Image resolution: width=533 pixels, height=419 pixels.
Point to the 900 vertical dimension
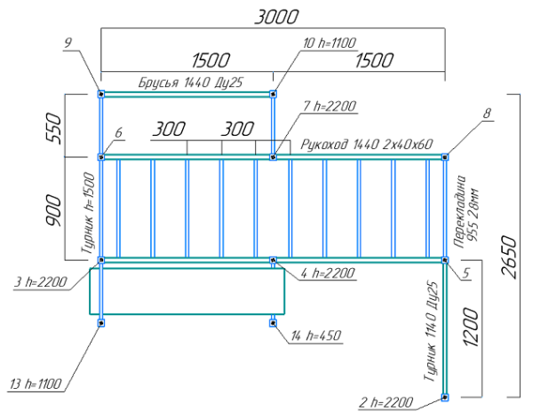point(55,208)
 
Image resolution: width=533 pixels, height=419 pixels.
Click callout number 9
point(68,42)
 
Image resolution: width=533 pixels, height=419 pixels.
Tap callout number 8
point(487,114)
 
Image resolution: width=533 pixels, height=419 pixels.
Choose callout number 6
point(118,133)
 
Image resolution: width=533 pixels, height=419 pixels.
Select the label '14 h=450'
point(316,336)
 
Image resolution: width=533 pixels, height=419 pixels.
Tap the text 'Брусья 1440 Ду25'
point(190,83)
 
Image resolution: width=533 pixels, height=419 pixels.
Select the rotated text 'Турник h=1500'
point(88,212)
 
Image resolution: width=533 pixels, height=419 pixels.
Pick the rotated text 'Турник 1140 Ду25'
point(432,332)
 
